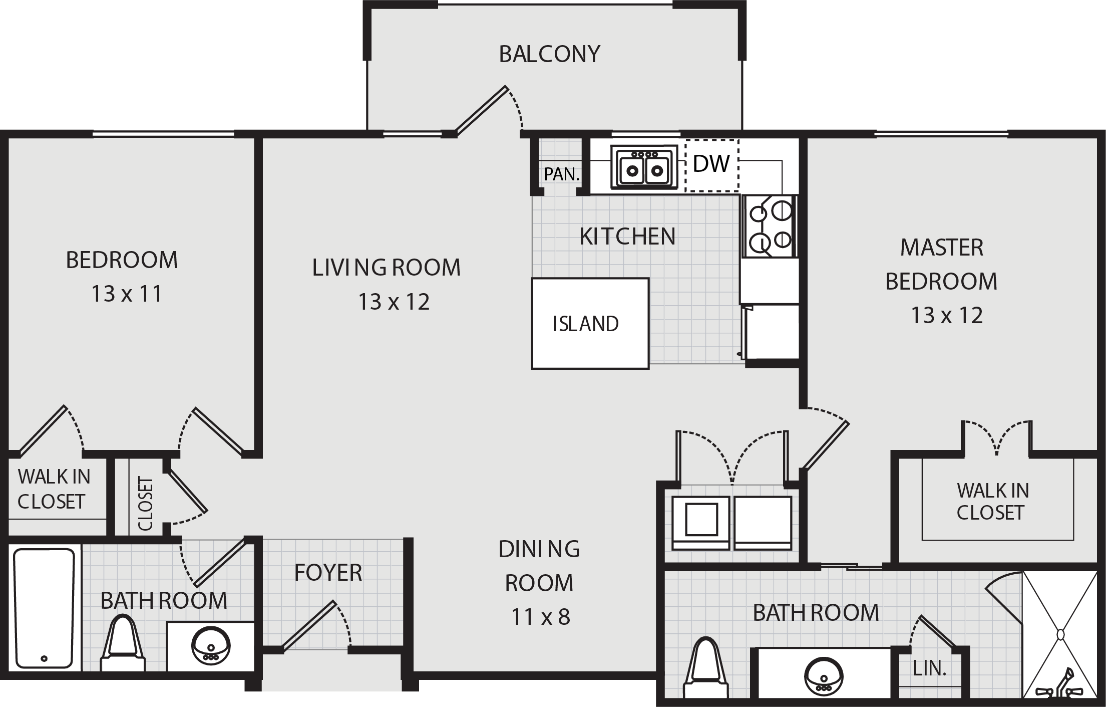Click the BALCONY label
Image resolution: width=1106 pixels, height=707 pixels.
tap(549, 54)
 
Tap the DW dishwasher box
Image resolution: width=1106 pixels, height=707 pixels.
tap(711, 165)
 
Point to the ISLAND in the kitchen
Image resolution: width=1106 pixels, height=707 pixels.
tap(590, 324)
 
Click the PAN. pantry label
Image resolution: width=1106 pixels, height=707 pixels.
tap(562, 174)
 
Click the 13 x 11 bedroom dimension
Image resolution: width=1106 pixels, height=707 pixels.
tap(127, 294)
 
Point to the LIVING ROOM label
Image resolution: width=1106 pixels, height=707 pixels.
tap(386, 268)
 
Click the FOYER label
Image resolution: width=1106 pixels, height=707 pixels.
tap(328, 573)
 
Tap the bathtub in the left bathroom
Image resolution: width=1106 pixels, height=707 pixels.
tap(44, 608)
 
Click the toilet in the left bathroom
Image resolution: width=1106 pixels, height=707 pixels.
tap(122, 644)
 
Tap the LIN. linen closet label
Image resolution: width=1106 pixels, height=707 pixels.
tap(930, 669)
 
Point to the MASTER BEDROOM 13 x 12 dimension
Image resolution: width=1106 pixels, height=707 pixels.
tap(946, 316)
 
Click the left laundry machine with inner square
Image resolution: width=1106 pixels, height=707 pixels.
tap(701, 523)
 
